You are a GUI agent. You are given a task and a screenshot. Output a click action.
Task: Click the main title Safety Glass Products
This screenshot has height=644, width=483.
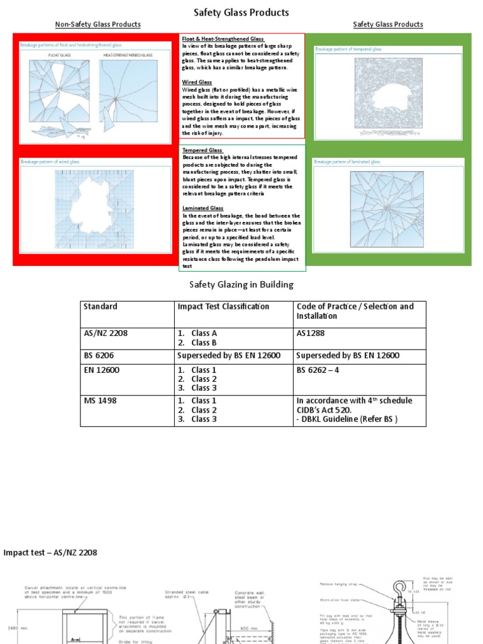point(241,13)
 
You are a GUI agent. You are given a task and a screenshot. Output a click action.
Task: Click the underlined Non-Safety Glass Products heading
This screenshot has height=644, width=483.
point(97,25)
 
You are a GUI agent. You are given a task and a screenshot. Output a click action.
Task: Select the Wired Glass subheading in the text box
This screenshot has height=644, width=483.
point(197,82)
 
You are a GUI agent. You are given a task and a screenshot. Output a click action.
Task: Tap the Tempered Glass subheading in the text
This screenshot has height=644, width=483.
point(203,150)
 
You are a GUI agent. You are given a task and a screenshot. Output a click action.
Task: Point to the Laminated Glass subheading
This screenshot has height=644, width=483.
point(203,208)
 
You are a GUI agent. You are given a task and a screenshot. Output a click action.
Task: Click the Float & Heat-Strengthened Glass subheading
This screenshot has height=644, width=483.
point(223,39)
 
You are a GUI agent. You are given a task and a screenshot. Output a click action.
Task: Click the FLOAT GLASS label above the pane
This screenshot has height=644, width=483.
point(58,55)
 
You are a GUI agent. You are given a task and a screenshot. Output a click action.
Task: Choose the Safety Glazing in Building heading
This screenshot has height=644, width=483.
point(241,285)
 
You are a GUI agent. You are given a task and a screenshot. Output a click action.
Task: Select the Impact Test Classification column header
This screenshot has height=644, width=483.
point(223,307)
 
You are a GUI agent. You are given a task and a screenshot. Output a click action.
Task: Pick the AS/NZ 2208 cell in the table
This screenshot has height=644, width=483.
point(106,333)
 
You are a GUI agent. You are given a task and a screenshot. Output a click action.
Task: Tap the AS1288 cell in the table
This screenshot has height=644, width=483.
point(309,333)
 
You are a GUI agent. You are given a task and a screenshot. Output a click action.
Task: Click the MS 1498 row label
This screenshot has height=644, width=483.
point(99,401)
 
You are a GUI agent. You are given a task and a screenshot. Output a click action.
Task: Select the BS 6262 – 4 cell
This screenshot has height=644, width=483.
point(318,370)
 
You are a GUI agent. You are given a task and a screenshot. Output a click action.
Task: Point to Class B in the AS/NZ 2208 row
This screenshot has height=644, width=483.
point(204,342)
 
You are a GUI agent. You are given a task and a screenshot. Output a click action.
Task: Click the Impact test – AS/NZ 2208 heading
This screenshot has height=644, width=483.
point(50,553)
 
